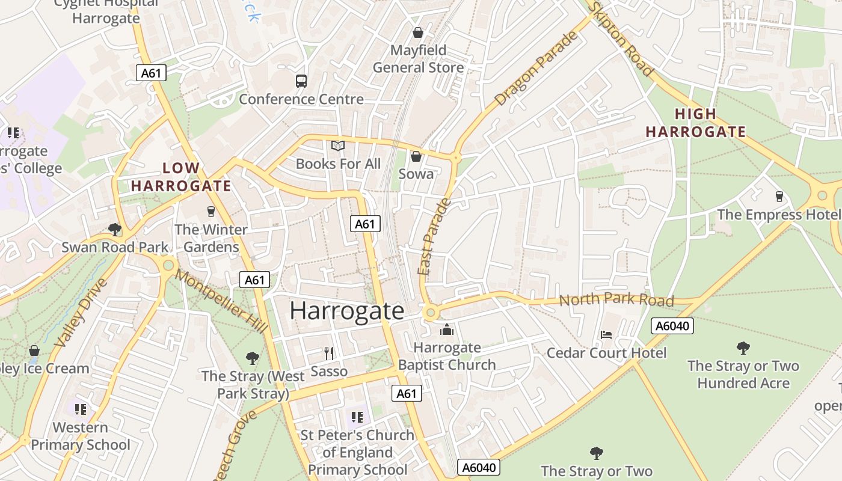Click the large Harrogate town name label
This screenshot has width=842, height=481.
[347, 311]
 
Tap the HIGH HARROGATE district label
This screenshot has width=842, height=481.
[696, 123]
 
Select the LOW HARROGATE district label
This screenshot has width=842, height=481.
[181, 177]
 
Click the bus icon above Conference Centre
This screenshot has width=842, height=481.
[301, 81]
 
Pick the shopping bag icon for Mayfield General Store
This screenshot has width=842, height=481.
[417, 32]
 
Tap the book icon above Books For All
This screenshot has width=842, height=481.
[338, 146]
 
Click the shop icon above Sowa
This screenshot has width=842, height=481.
[416, 157]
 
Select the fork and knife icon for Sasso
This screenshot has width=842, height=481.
[328, 353]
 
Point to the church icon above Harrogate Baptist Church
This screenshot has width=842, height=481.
[446, 329]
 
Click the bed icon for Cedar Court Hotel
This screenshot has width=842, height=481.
[606, 334]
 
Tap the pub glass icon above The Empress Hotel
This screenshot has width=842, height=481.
[779, 197]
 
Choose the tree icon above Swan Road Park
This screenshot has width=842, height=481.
[114, 229]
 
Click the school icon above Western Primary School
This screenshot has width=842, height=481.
[81, 409]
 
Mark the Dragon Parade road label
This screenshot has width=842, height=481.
[535, 69]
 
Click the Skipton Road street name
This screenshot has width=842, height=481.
[621, 39]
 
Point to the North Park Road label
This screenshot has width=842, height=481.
[616, 299]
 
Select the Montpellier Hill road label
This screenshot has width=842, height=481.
[221, 301]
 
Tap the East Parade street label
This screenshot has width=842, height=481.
[434, 237]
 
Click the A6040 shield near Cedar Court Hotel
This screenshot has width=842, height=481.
[672, 326]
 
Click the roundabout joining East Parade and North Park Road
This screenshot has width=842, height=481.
[430, 312]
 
